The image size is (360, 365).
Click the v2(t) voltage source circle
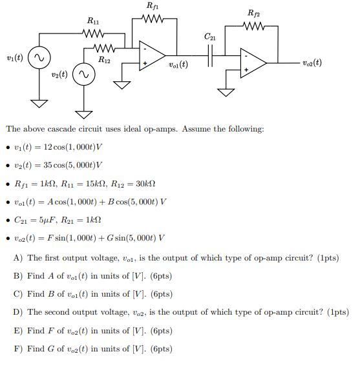click(x=83, y=76)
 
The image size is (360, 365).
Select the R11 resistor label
click(x=92, y=21)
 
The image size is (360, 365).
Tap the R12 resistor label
click(x=103, y=59)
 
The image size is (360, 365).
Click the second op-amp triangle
click(x=253, y=62)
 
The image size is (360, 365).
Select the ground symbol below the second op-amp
click(x=226, y=91)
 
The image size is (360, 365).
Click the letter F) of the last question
click(x=17, y=349)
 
